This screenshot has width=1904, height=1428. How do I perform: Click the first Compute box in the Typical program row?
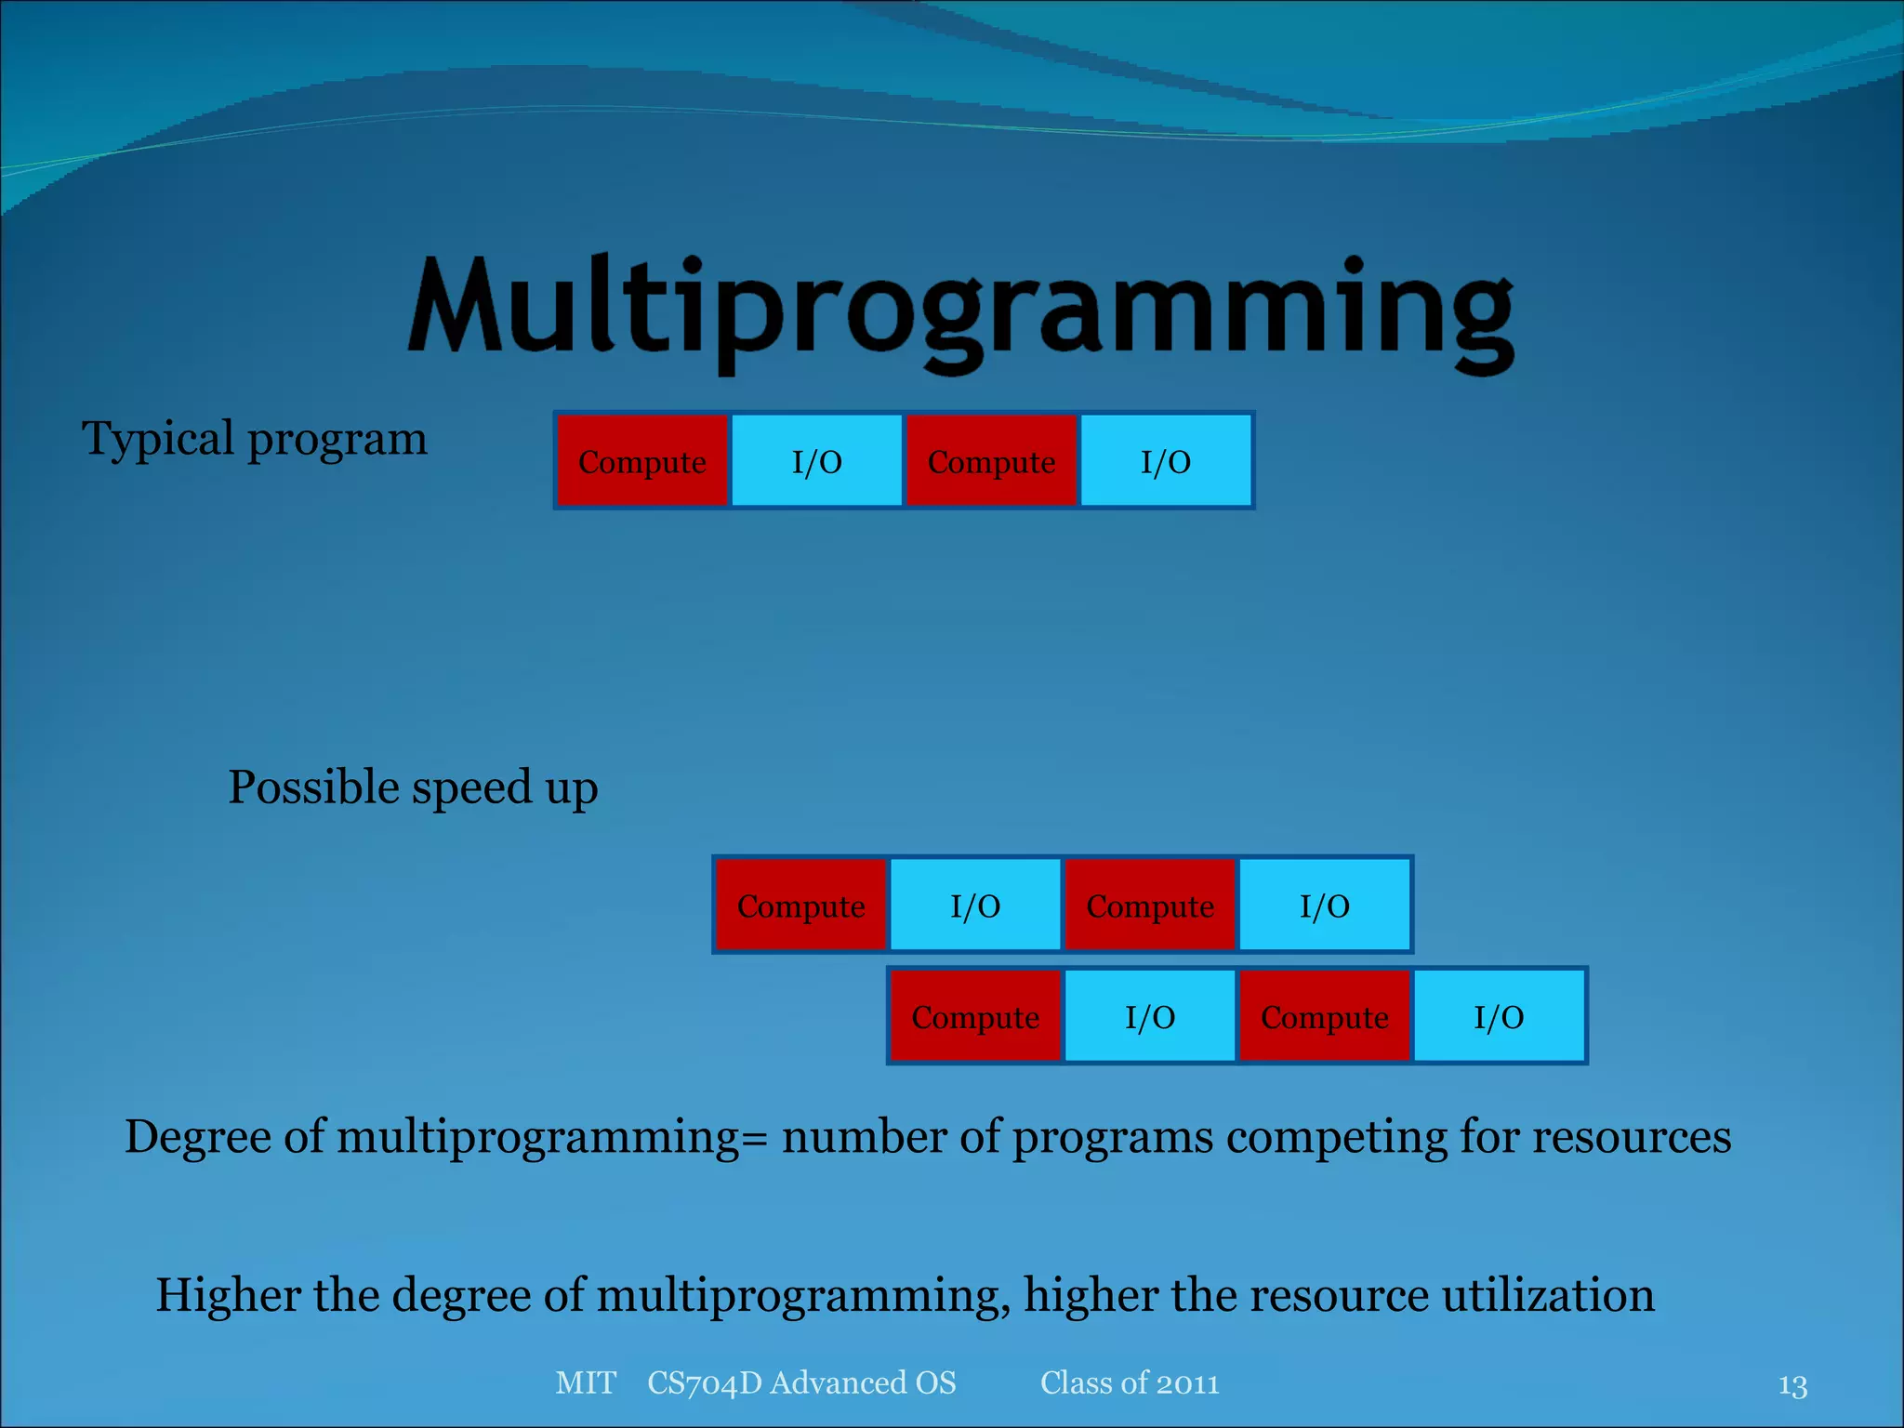[641, 461]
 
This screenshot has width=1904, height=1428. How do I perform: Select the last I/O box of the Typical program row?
[1166, 461]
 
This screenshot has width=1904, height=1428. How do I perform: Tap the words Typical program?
[254, 439]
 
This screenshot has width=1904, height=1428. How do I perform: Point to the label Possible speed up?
[413, 787]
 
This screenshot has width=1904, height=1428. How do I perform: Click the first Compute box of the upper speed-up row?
[800, 906]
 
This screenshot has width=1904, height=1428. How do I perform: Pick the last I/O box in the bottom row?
[1499, 1016]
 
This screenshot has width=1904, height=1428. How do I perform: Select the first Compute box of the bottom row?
[974, 1016]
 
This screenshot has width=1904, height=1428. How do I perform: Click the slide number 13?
[1792, 1385]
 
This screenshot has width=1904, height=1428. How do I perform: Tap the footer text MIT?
[586, 1382]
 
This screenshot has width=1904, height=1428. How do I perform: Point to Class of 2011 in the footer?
[1130, 1382]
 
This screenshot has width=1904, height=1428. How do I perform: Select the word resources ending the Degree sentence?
[1632, 1136]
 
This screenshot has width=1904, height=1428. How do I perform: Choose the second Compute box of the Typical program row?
[991, 461]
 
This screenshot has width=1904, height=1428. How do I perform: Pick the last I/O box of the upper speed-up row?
[1324, 906]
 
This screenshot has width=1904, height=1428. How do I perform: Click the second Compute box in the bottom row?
[1324, 1016]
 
